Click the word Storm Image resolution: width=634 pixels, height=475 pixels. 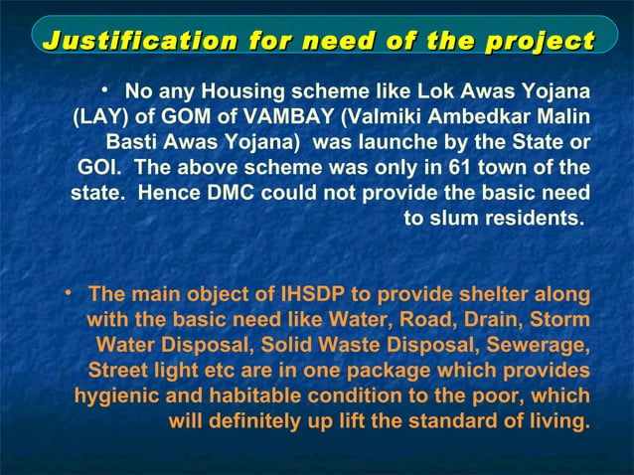560,320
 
